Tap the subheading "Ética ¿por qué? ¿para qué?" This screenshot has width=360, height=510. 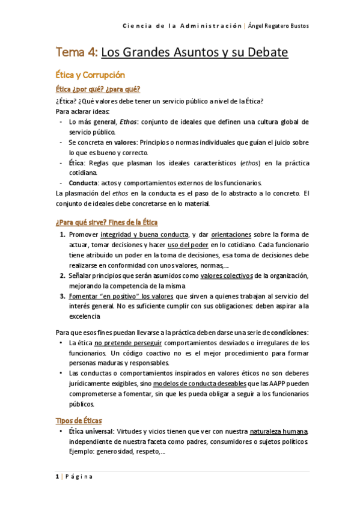pos(98,90)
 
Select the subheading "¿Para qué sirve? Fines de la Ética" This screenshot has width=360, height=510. pos(106,223)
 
